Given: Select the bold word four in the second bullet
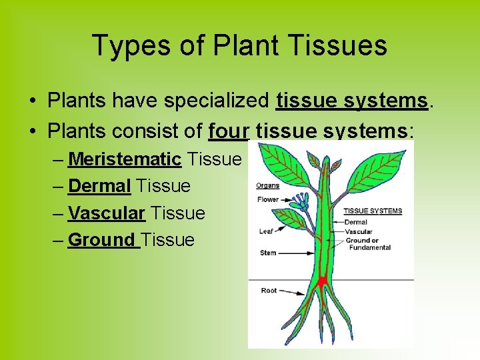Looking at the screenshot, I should click(x=229, y=131).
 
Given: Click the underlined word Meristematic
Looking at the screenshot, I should click(x=125, y=159).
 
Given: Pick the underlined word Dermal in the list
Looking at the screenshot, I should click(x=99, y=186).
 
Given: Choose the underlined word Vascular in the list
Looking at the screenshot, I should click(x=107, y=213).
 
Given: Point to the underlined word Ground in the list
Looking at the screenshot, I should click(x=102, y=240).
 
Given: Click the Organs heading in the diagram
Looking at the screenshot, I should click(x=267, y=185).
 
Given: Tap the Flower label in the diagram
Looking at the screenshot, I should click(x=267, y=199).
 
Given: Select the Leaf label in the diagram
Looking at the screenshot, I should click(x=265, y=231).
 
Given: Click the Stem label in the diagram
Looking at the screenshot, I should click(x=267, y=253).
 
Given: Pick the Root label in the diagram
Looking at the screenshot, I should click(x=269, y=290).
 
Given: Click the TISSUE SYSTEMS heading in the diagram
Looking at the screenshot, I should click(x=373, y=211).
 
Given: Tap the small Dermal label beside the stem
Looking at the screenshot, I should click(x=356, y=222).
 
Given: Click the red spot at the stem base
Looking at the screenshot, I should click(x=322, y=282).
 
